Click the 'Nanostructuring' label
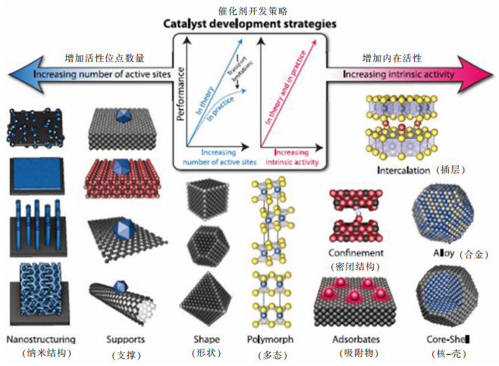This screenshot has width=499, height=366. coord(39,339)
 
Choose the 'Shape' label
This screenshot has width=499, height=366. coord(206,339)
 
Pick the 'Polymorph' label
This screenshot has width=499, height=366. coord(271,339)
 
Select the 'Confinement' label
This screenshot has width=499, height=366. coord(356,252)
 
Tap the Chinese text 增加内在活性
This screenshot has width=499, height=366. coord(392,58)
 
